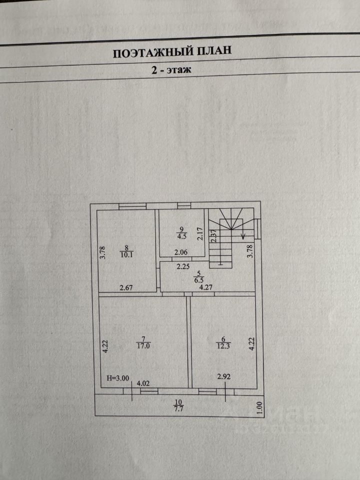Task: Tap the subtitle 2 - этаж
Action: (171, 70)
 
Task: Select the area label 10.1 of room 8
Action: (127, 253)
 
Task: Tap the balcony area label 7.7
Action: (178, 408)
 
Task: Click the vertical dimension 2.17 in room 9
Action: (200, 235)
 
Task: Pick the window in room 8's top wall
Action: (132, 206)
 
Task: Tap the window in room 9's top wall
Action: (184, 205)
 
